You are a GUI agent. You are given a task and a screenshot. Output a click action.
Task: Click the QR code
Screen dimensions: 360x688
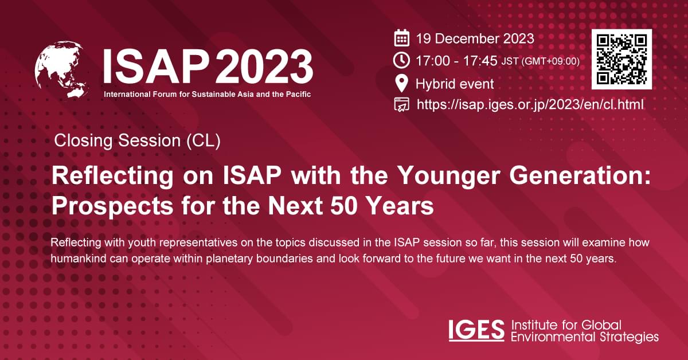click(x=622, y=59)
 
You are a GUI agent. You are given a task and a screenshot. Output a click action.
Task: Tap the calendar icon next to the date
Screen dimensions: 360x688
click(x=402, y=39)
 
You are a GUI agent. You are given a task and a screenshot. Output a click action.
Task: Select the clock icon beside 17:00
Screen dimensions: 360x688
click(x=402, y=60)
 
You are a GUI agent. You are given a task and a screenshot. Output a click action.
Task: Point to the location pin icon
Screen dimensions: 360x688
click(x=402, y=84)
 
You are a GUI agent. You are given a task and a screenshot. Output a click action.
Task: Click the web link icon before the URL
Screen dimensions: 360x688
click(x=402, y=104)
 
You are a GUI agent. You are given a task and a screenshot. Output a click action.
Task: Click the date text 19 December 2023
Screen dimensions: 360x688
click(x=475, y=39)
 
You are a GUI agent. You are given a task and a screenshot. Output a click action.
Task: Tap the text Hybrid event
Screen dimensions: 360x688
click(x=455, y=84)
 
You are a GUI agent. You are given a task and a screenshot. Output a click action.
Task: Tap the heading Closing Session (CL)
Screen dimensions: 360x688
click(x=137, y=141)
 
